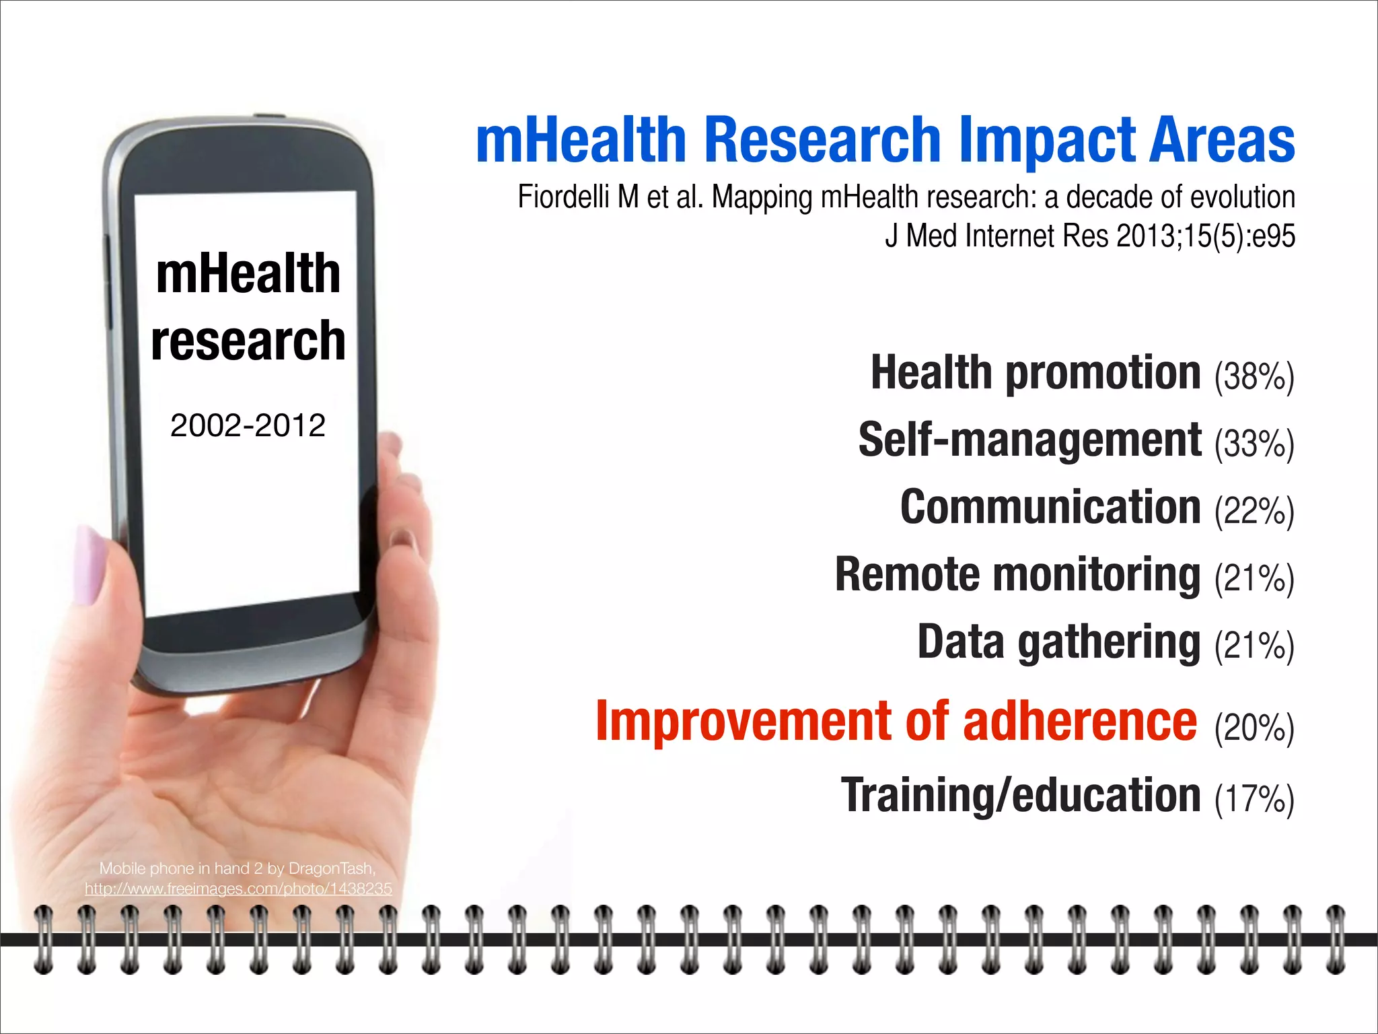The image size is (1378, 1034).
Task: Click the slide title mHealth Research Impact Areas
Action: [885, 140]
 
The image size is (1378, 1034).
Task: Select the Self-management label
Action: [1029, 440]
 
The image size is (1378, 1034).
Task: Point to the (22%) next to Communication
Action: [1254, 512]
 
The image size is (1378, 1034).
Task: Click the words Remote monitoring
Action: [1017, 575]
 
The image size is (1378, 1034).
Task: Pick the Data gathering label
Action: [1058, 642]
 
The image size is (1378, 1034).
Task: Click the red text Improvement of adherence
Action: [896, 722]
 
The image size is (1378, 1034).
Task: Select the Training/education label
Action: [1021, 796]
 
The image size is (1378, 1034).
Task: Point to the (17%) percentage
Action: [1254, 800]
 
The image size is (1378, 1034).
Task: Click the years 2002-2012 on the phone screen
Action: [248, 425]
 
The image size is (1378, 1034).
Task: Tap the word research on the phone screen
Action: [248, 341]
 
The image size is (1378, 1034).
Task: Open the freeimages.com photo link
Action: [238, 889]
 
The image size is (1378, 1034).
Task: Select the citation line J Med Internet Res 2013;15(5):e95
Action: [1089, 236]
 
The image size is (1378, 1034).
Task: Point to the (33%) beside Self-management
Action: [1254, 444]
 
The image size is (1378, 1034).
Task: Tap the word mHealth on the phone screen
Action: [248, 274]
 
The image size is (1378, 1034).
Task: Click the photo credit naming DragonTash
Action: [238, 868]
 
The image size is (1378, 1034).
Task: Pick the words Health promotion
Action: [1036, 373]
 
